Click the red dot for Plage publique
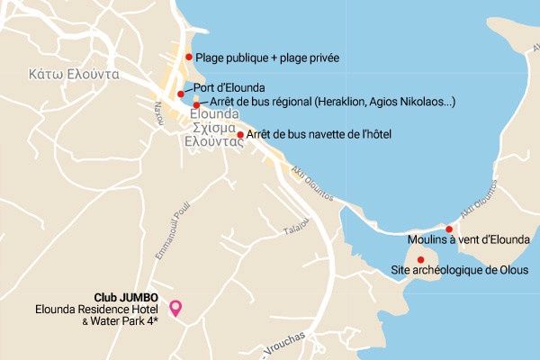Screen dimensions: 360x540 point(189,57)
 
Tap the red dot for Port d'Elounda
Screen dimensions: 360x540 point(181,94)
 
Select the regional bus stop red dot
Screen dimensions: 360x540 point(196,105)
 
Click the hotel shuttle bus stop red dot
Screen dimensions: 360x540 point(240,135)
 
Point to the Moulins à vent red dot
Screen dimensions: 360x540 point(449,229)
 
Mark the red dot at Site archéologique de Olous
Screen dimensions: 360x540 point(420,260)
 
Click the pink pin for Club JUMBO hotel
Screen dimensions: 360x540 point(176,307)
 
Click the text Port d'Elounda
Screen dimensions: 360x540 point(229,87)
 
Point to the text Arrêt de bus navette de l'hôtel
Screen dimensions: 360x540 point(319,135)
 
